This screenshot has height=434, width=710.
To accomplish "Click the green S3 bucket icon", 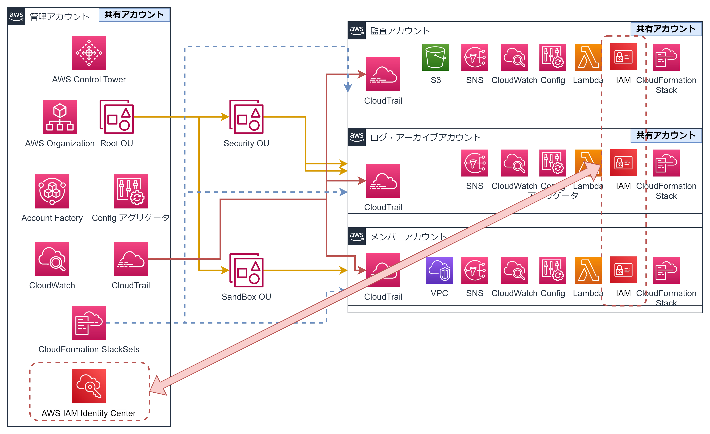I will coord(435,57).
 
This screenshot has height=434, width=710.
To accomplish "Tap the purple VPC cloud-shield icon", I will coord(439,270).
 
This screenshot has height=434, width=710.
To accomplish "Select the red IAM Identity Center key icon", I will coord(89,386).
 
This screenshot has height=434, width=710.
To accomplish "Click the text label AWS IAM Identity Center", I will coord(89,414).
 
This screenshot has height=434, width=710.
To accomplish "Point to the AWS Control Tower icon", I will coord(89,53).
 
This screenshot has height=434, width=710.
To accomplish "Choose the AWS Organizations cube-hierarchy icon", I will coord(60,117).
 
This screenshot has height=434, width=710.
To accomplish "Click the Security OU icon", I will coord(246,117).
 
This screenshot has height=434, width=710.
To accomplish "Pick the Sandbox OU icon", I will coord(246,270).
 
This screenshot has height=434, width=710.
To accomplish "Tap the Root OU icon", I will coord(117,117).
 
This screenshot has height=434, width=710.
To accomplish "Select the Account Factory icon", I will coord(52,191).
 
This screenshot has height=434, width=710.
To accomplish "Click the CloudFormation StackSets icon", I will coord(89,323).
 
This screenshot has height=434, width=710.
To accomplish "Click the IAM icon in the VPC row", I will coord(623,270).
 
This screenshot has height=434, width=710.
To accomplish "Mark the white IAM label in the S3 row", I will coord(623,80).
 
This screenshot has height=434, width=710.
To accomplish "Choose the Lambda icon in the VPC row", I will coord(588,270).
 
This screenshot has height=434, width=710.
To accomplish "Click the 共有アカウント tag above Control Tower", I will coord(134,15).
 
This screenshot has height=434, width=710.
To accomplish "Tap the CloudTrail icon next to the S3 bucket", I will coord(384,74).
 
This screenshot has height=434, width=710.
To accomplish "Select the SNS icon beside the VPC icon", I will coord(475,270).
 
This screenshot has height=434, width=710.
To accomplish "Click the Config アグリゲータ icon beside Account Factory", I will coord(131,191).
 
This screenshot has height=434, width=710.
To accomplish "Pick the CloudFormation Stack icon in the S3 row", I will coord(667,57).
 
